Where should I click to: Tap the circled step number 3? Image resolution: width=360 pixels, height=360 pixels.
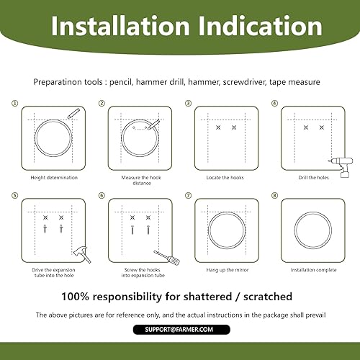[188, 103]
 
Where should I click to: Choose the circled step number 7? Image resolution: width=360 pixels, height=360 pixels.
[188, 195]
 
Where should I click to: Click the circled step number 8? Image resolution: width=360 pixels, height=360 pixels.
[274, 195]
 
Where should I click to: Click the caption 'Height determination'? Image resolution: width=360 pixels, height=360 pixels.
[54, 177]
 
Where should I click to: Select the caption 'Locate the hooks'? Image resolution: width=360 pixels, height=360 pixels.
[222, 177]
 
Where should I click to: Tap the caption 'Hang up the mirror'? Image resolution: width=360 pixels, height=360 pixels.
[223, 269]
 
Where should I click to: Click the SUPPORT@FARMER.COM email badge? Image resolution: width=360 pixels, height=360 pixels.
[180, 329]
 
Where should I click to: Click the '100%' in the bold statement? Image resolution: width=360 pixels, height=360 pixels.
[81, 296]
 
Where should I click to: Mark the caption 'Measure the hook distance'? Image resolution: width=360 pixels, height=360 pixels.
[137, 181]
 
